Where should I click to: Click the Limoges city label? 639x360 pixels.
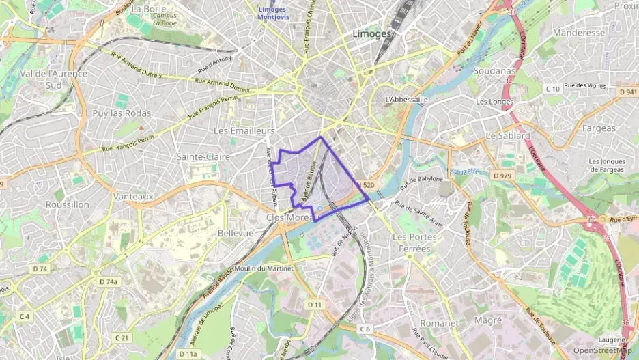(373, 33)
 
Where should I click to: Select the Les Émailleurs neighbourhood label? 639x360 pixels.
(244, 130)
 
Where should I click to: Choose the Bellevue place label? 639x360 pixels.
(235, 233)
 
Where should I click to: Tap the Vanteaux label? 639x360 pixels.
(133, 196)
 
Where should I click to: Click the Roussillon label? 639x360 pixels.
(67, 204)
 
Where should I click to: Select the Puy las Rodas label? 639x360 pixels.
(122, 113)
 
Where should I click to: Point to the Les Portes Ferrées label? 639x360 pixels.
(412, 243)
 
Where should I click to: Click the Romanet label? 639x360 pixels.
(440, 322)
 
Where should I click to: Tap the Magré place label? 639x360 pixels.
(487, 321)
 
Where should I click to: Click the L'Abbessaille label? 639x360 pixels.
(406, 99)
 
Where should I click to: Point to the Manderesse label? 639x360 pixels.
(579, 33)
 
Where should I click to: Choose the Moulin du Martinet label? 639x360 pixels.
(266, 268)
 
